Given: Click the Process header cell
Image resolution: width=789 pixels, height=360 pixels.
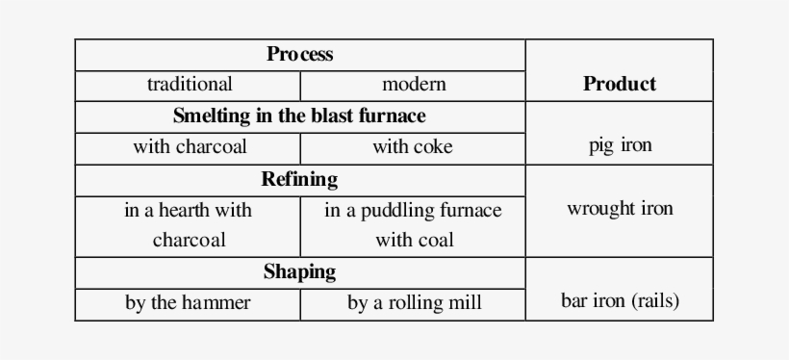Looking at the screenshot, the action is (299, 55).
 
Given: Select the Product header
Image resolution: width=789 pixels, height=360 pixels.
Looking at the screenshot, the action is (619, 84).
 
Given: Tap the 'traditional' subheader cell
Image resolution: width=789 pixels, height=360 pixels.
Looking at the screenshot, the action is (189, 85).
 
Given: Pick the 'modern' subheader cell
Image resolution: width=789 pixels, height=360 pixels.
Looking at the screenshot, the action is (414, 85).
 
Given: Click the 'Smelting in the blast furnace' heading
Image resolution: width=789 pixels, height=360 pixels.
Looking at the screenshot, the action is (299, 116).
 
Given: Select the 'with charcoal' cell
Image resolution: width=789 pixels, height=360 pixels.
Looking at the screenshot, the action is (189, 147).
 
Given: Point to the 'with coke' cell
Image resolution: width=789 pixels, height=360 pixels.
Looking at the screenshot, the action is (413, 147).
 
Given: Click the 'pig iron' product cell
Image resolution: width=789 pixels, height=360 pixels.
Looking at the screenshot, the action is (620, 145).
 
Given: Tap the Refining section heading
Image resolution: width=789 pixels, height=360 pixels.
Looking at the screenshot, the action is (299, 179).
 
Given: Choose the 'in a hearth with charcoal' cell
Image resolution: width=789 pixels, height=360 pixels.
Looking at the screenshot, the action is (189, 225).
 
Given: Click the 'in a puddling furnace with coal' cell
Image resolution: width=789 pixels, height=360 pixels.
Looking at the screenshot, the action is (413, 225).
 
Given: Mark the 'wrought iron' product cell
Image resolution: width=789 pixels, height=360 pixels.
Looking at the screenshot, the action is (620, 209).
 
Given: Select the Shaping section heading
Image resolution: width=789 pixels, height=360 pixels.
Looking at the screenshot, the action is (299, 271).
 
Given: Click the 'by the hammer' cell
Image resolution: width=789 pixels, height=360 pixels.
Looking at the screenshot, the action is (189, 303).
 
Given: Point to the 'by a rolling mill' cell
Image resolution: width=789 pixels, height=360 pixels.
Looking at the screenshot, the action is (414, 303).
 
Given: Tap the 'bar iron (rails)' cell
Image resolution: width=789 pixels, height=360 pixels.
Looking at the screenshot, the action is (620, 300).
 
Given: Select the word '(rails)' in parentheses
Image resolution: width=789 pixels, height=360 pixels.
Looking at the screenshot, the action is (655, 300).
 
